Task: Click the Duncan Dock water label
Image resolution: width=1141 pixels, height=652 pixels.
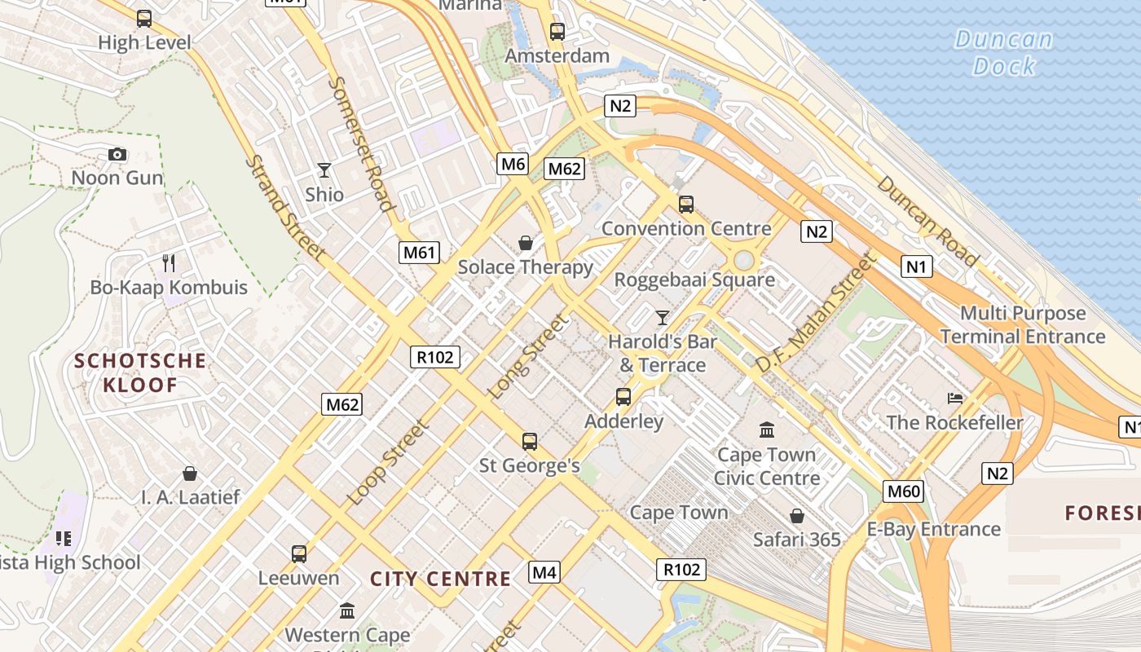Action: click(x=1003, y=52)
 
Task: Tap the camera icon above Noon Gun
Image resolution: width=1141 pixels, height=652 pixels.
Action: click(x=117, y=154)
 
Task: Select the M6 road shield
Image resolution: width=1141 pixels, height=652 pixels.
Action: click(x=513, y=164)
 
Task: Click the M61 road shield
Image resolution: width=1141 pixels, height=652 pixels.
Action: click(x=420, y=252)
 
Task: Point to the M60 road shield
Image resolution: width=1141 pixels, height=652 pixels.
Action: click(x=903, y=491)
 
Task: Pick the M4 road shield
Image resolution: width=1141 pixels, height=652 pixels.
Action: click(x=544, y=572)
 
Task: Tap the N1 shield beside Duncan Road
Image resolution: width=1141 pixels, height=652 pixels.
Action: click(x=916, y=267)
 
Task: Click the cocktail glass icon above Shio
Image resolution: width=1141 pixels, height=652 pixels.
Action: click(x=324, y=170)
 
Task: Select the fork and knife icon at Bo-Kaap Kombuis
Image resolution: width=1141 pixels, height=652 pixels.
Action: click(x=169, y=262)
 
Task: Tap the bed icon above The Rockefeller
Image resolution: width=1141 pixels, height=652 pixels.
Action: click(x=955, y=399)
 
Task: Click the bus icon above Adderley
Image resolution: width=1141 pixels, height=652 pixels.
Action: click(x=623, y=397)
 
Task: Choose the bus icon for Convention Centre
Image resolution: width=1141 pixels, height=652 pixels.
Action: click(x=686, y=204)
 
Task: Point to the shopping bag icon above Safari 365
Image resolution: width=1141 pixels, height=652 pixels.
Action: click(x=797, y=516)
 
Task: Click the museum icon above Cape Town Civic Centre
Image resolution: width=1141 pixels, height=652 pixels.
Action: click(x=766, y=430)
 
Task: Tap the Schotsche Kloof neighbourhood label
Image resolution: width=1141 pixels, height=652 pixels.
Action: click(x=140, y=372)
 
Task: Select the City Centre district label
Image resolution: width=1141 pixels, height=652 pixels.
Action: click(x=440, y=579)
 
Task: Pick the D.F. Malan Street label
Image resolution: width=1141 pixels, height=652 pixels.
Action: click(x=815, y=313)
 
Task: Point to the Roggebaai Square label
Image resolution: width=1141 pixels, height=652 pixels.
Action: click(x=694, y=280)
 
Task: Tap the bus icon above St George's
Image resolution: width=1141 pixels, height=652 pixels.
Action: click(x=530, y=442)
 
